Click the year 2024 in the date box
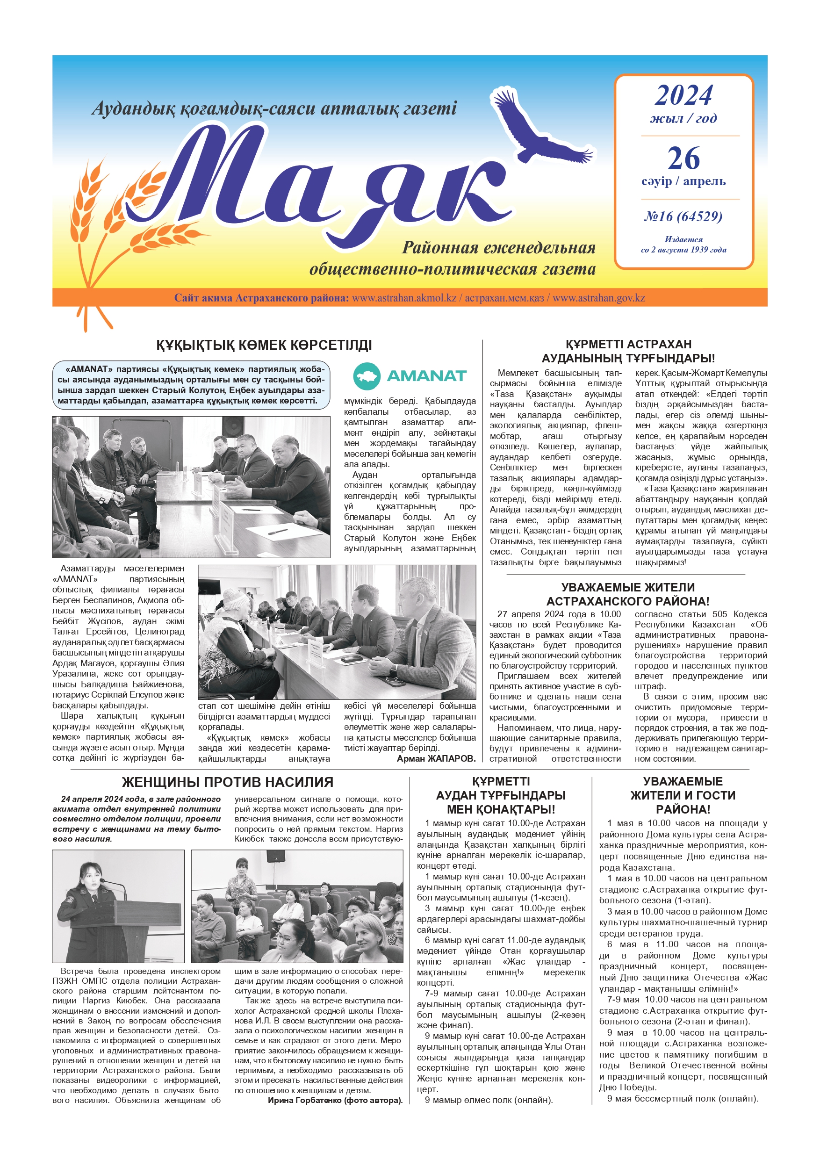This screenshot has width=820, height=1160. tap(683, 95)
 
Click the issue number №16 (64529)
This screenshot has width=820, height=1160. tap(683, 217)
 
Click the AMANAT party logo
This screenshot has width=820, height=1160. tap(410, 375)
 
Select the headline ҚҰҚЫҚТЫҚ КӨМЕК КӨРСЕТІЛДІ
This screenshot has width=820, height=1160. tap(264, 346)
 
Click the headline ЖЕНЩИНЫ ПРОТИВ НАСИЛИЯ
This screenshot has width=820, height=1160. tap(227, 782)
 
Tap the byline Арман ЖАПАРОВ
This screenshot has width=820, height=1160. tap(436, 758)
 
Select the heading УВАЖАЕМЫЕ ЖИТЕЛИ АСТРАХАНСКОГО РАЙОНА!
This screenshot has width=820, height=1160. tap(627, 594)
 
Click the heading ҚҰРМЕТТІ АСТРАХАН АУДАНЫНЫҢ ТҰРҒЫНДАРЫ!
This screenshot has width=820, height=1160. tap(628, 352)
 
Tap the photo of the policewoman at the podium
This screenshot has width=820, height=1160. tap(118, 907)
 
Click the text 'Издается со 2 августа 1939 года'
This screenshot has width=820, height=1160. tap(683, 245)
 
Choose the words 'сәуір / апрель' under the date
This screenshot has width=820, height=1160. tap(683, 181)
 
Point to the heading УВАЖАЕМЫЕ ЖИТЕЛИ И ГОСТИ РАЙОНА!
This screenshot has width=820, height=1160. tap(683, 795)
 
